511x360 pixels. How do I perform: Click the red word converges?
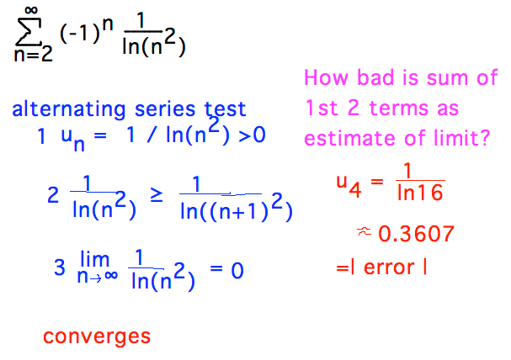click(97, 336)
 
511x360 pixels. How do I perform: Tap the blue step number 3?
click(58, 267)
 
